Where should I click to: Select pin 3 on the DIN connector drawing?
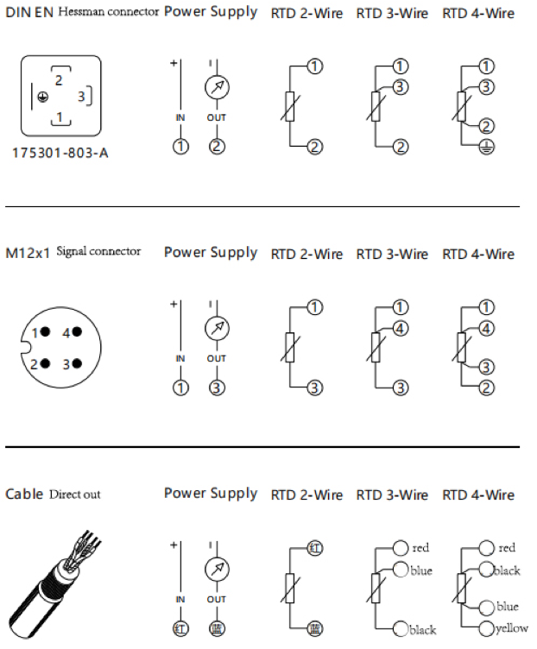pyautogui.click(x=81, y=97)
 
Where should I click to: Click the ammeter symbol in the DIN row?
pyautogui.click(x=217, y=87)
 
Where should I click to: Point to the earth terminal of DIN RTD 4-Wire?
pyautogui.click(x=487, y=147)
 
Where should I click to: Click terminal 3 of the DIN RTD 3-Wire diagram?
pyautogui.click(x=401, y=87)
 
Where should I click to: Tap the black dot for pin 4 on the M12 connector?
pyautogui.click(x=77, y=332)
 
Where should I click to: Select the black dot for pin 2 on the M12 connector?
pyautogui.click(x=48, y=363)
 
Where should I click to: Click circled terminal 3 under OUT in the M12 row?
pyautogui.click(x=217, y=388)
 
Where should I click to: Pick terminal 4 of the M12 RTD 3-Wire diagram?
pyautogui.click(x=401, y=328)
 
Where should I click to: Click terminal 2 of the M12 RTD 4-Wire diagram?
pyautogui.click(x=487, y=388)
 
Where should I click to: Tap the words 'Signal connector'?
pyautogui.click(x=99, y=251)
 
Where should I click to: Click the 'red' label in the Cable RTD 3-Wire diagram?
pyautogui.click(x=420, y=548)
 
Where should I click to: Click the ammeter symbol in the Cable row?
pyautogui.click(x=217, y=569)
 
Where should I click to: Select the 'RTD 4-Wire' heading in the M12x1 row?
pyautogui.click(x=478, y=254)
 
